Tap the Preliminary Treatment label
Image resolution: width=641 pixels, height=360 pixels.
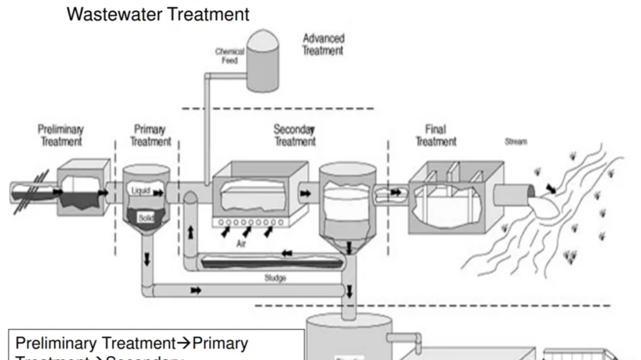click(61, 135)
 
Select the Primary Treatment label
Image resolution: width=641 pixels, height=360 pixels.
click(150, 135)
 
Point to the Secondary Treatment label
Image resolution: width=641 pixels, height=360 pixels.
click(294, 135)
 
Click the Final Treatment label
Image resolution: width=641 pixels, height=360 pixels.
click(436, 135)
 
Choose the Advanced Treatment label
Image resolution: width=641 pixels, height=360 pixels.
click(323, 44)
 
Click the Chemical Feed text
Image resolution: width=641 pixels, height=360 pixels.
click(230, 56)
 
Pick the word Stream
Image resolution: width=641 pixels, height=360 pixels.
click(516, 142)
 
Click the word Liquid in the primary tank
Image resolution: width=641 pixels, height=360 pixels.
click(140, 191)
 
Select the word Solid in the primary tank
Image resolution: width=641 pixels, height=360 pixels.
click(146, 218)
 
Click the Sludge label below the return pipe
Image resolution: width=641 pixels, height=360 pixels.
click(275, 278)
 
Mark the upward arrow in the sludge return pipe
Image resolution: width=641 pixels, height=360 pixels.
click(190, 231)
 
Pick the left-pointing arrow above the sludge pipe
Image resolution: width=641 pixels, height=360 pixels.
click(287, 253)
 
